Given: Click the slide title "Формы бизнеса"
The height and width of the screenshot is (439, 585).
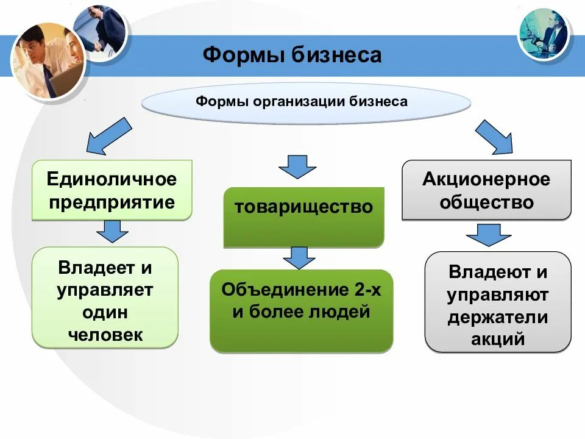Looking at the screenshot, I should (292, 55).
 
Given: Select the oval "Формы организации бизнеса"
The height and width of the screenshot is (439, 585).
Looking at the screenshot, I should (306, 101).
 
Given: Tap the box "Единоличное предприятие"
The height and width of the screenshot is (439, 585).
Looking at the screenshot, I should (112, 190).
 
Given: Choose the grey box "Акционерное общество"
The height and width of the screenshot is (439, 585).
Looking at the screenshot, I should (486, 190).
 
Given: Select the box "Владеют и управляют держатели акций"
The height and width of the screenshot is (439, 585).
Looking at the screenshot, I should (497, 304).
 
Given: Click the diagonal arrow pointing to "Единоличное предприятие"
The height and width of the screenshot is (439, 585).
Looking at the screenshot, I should (108, 135).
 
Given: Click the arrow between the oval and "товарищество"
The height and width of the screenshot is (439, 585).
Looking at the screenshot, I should (297, 166).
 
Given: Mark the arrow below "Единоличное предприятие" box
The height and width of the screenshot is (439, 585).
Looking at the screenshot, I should (112, 232).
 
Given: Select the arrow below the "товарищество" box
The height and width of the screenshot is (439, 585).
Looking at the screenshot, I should (299, 257).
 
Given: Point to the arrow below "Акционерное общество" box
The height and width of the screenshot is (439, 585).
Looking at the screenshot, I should (488, 235).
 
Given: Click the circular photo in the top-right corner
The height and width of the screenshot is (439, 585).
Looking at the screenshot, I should (543, 34).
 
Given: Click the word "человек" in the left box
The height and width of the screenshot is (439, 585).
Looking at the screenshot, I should (105, 334).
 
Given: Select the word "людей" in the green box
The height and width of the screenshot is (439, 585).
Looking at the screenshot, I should (344, 313).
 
